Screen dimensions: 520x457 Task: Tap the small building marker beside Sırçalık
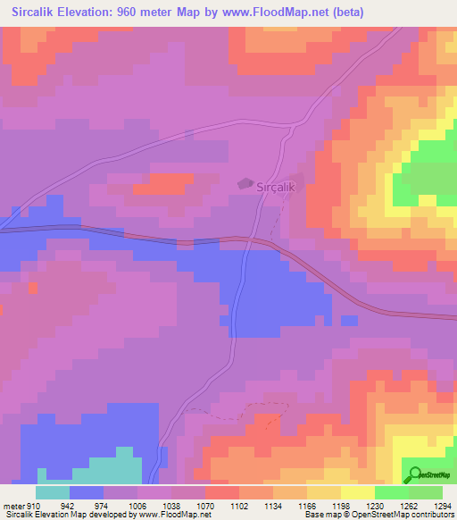[245, 183]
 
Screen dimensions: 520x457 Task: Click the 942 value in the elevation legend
[68, 505]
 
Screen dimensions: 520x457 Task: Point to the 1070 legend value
[204, 505]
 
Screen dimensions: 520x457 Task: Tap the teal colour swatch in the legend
[53, 492]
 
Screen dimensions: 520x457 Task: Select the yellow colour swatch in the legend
[357, 492]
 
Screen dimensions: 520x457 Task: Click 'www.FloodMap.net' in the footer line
[173, 516]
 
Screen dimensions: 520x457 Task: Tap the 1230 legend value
[374, 505]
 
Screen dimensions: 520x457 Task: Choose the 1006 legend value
[136, 505]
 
